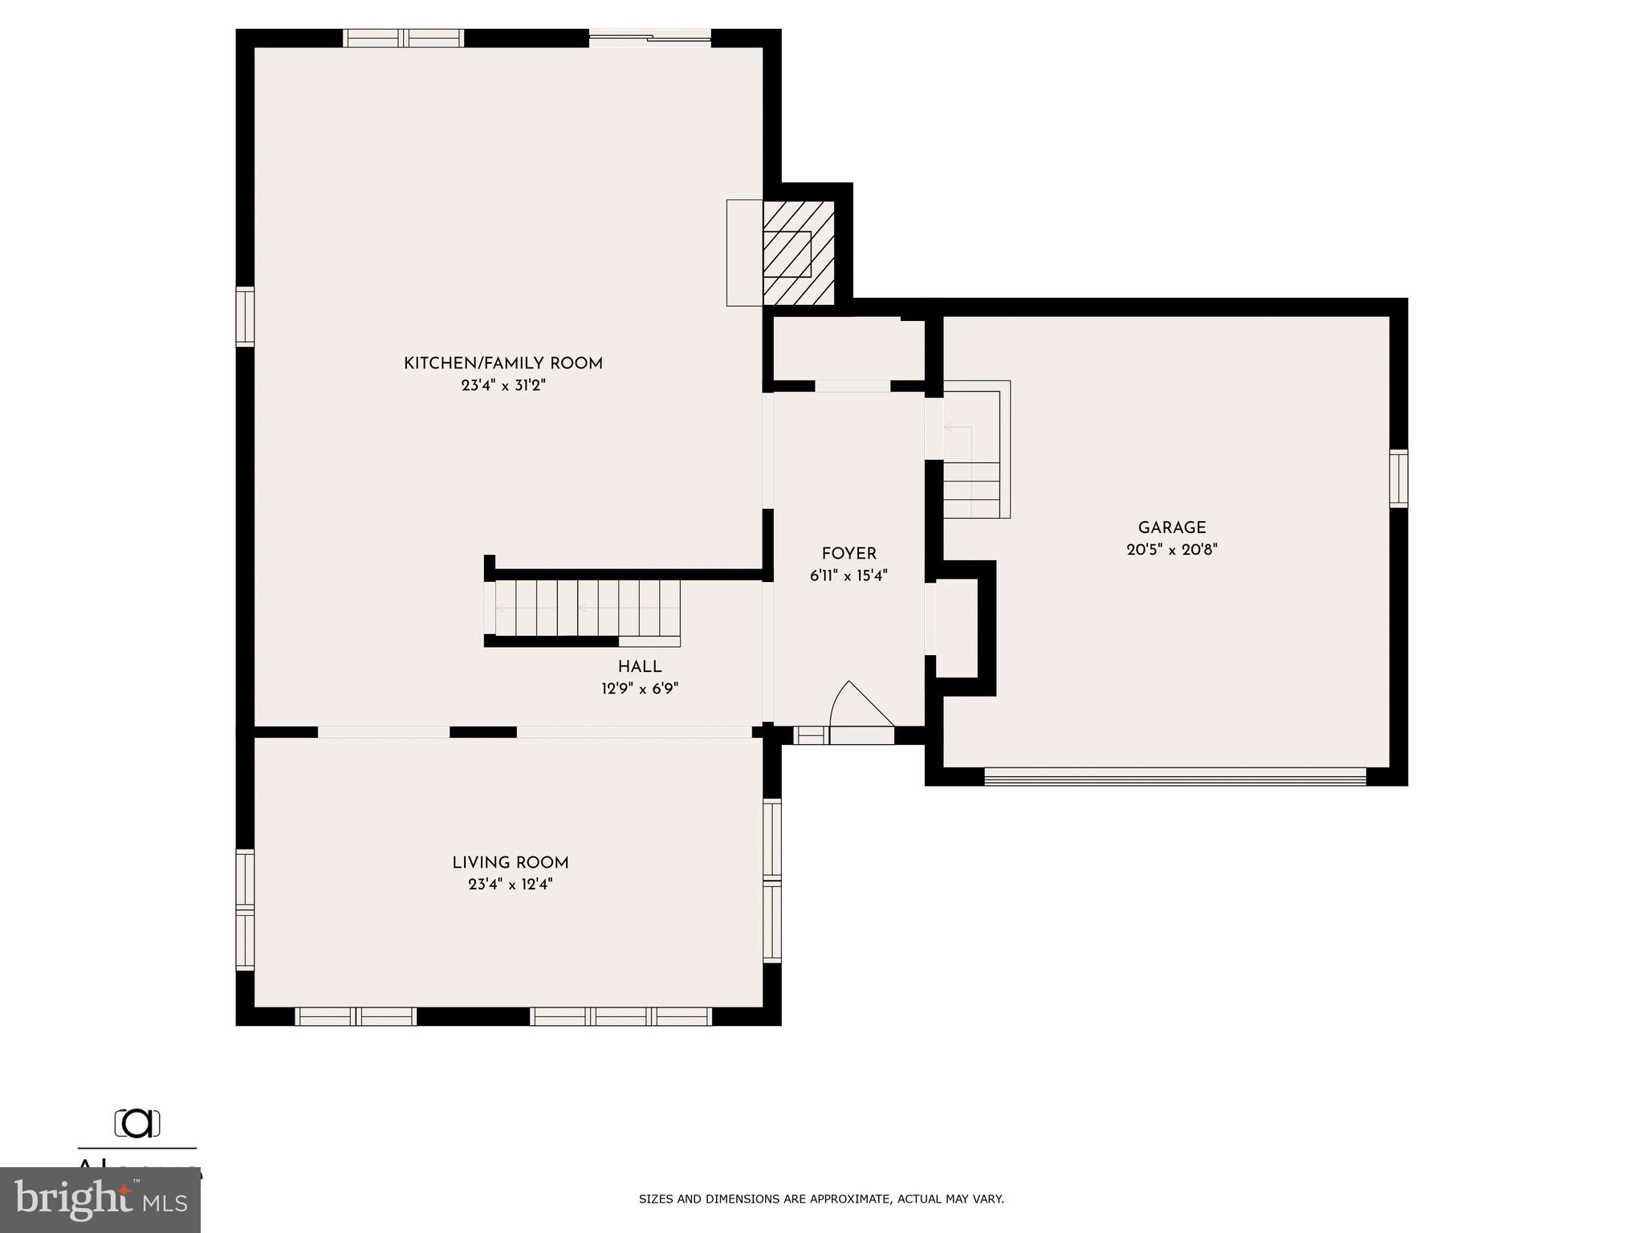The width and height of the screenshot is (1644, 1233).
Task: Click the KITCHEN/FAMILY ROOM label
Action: click(503, 364)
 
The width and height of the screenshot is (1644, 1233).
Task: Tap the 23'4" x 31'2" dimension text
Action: click(503, 385)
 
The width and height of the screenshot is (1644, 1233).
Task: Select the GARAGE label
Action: click(1171, 528)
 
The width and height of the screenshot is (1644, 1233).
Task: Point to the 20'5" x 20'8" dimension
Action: click(1171, 550)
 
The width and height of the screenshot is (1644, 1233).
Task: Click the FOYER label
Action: click(848, 554)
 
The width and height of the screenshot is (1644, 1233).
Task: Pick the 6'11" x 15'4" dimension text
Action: click(848, 576)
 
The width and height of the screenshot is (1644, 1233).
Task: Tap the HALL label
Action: click(639, 667)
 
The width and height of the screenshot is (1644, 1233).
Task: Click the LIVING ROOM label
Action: click(510, 863)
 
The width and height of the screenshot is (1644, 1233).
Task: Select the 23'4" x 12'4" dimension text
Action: click(510, 885)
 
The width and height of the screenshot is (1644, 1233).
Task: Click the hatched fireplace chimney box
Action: click(798, 253)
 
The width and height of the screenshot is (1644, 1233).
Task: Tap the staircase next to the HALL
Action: click(586, 608)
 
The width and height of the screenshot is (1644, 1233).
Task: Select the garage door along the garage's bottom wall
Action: click(1174, 775)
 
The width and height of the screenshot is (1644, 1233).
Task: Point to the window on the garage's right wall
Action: click(1398, 478)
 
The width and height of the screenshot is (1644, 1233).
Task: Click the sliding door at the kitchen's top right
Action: click(649, 38)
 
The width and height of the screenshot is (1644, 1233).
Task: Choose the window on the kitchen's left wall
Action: click(244, 316)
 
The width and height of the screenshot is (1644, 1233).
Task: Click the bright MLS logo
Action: click(100, 1200)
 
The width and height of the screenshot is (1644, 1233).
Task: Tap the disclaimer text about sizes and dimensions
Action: click(820, 1199)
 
